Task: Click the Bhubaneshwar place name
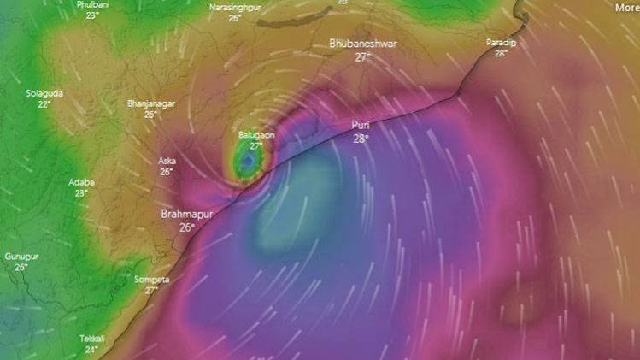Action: point(362,43)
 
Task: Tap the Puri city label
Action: point(361,125)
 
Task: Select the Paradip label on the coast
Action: point(502,42)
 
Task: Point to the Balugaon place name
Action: point(256,135)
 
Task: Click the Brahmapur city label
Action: point(185,214)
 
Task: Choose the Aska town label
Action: point(167,160)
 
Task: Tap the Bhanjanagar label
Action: point(151,103)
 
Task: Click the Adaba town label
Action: point(82,182)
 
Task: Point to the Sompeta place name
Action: point(151,280)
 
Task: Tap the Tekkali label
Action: point(91,339)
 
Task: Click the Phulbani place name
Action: point(92,4)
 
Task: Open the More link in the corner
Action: point(626,7)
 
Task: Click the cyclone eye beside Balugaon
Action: point(247,161)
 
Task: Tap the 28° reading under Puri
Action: point(361,139)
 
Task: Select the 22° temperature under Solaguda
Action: point(44,104)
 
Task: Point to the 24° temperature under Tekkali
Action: point(91,350)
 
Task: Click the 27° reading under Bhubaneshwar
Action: point(362,57)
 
